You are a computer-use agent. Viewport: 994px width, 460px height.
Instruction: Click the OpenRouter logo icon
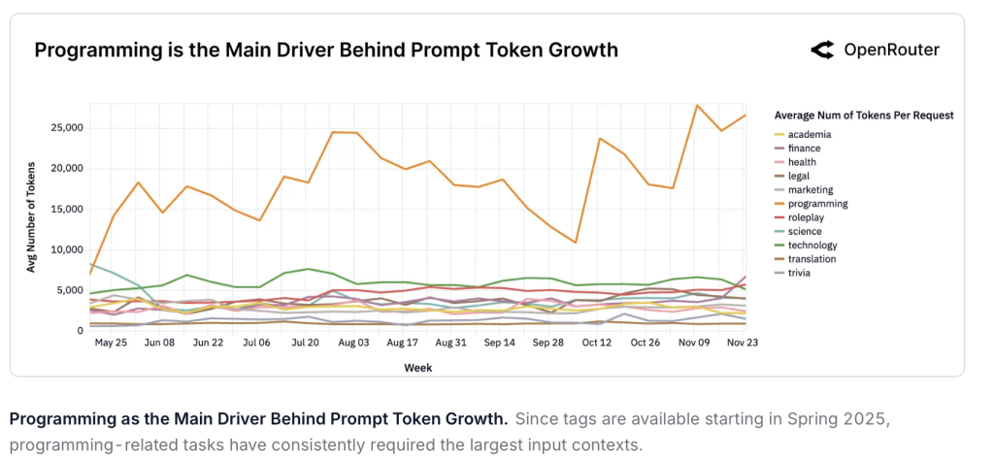point(823,50)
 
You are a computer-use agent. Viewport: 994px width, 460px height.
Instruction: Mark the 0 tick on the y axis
point(79,331)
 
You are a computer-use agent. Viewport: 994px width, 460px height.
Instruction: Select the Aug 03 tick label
point(350,343)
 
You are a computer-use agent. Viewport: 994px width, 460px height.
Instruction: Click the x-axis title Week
point(417,368)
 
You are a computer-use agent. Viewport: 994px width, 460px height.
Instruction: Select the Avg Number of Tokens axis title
point(32,216)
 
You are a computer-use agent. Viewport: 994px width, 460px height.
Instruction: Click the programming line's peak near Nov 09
point(696,105)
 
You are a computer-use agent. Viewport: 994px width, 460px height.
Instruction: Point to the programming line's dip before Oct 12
point(576,243)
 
